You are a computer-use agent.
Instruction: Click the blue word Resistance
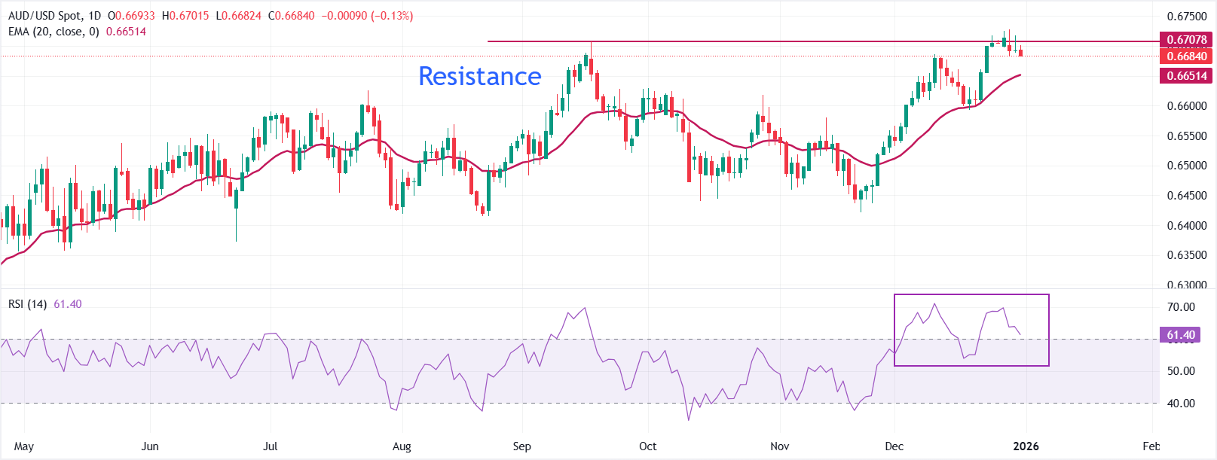479,76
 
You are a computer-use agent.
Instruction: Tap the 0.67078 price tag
1186,40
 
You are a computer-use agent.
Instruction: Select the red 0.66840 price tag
1186,56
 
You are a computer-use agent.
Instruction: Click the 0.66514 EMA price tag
1186,75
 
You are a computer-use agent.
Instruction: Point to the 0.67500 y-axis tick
1186,17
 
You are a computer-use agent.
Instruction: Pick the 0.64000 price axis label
1186,226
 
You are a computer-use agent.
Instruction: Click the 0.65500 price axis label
1186,136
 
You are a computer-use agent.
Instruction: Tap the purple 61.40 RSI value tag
1180,335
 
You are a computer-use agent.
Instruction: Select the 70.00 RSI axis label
1181,307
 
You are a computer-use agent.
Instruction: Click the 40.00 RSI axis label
1181,404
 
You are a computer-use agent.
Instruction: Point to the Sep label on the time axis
521,446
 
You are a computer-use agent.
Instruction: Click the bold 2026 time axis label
1026,446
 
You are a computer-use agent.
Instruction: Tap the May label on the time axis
24,446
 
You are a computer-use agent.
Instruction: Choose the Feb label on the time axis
1151,446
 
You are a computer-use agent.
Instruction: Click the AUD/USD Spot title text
44,16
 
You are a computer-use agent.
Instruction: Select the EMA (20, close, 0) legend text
54,32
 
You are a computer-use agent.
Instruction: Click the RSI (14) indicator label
27,304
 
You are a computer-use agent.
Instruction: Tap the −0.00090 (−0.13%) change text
367,16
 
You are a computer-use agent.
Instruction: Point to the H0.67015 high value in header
185,16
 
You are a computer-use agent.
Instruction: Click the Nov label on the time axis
780,446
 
